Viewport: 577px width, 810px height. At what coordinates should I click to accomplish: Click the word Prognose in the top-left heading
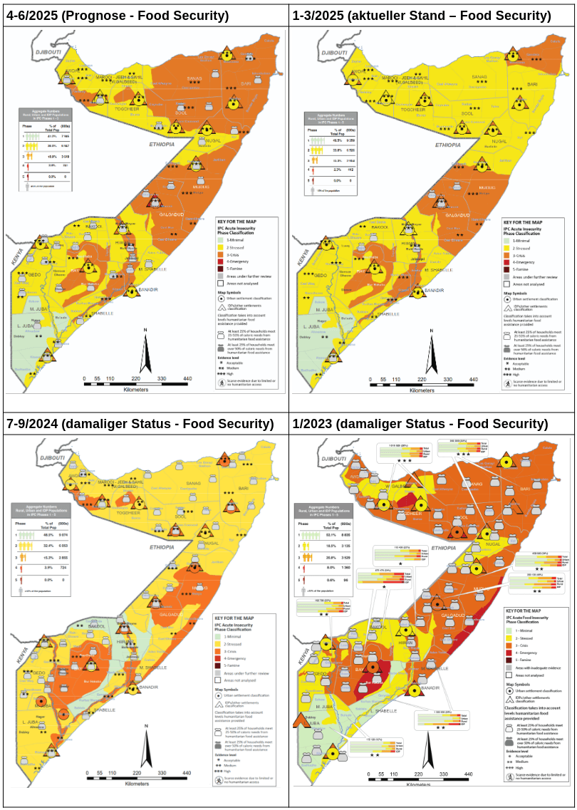click(99, 16)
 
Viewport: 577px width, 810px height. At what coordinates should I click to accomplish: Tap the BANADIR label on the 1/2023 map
click(430, 688)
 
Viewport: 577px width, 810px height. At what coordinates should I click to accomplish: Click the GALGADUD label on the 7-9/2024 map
click(172, 614)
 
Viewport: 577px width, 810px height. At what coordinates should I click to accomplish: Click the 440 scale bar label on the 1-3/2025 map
click(474, 379)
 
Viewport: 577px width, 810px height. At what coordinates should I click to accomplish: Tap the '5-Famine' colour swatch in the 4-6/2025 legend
click(222, 269)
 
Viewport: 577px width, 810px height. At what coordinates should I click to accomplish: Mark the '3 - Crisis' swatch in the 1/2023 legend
click(509, 645)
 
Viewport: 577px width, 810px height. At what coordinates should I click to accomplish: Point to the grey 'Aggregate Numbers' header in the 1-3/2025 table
click(329, 118)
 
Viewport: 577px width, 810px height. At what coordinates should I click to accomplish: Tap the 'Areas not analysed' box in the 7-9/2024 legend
click(221, 680)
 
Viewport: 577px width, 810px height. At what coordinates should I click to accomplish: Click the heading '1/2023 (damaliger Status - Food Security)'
click(420, 424)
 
